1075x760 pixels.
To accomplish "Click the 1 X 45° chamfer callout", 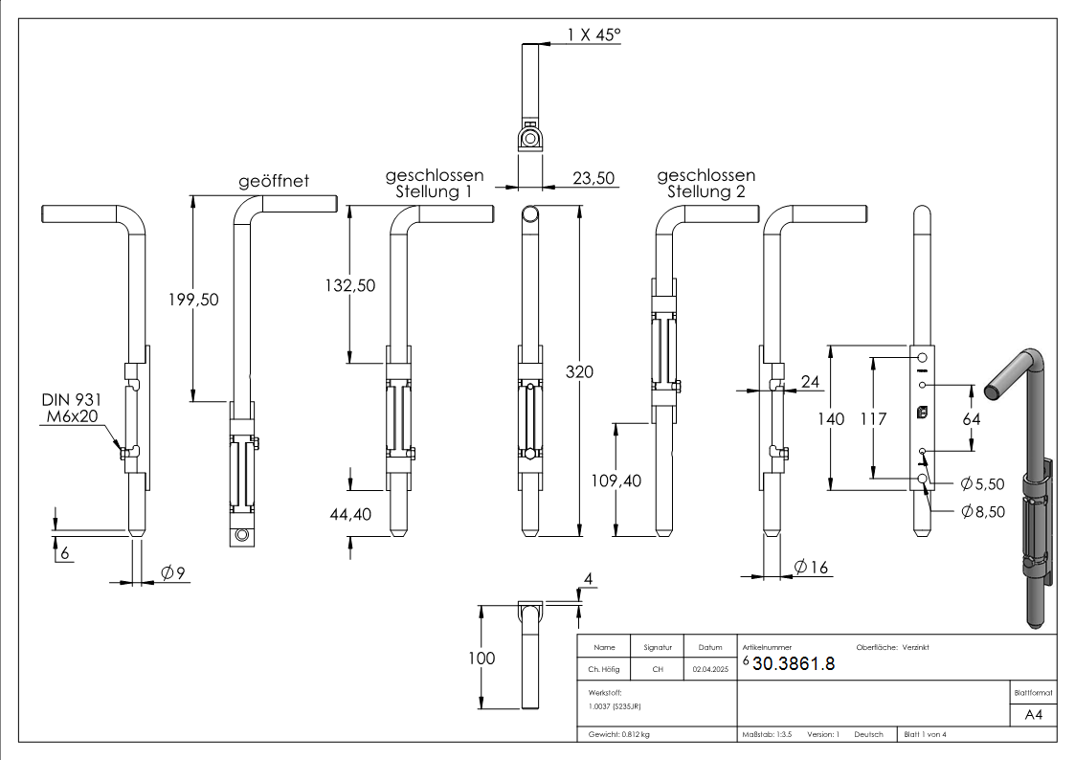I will [593, 35].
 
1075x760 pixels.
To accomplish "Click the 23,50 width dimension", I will [593, 177].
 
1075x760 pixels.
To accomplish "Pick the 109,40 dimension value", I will [617, 481].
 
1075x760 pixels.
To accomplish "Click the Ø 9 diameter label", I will [172, 573].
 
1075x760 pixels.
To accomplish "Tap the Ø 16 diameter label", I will [813, 568].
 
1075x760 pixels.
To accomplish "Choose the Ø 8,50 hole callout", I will [983, 511].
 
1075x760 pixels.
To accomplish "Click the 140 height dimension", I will [833, 418].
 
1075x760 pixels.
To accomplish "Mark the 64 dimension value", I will [971, 418].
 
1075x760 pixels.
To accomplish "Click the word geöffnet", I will [274, 181].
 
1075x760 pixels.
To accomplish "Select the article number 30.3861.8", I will [794, 664].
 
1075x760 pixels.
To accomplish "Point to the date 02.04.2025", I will [709, 670].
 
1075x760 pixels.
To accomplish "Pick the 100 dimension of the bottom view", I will [482, 658].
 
